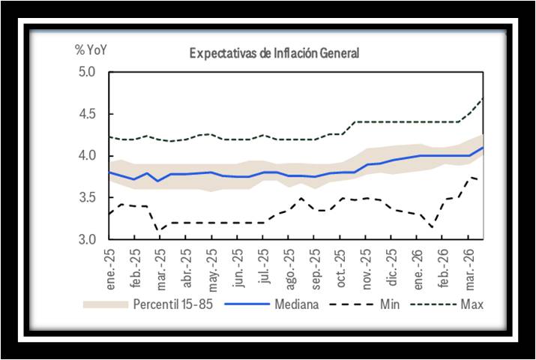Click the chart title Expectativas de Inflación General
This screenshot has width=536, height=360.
click(x=274, y=53)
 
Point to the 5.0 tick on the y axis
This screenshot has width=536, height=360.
click(x=88, y=72)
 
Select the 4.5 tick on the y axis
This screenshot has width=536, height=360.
click(x=88, y=114)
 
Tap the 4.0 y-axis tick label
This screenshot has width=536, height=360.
click(x=88, y=156)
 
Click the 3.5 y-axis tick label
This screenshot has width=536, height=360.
click(x=88, y=198)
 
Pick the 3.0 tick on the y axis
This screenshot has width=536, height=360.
click(x=88, y=239)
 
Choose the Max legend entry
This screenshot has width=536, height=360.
click(x=473, y=304)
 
